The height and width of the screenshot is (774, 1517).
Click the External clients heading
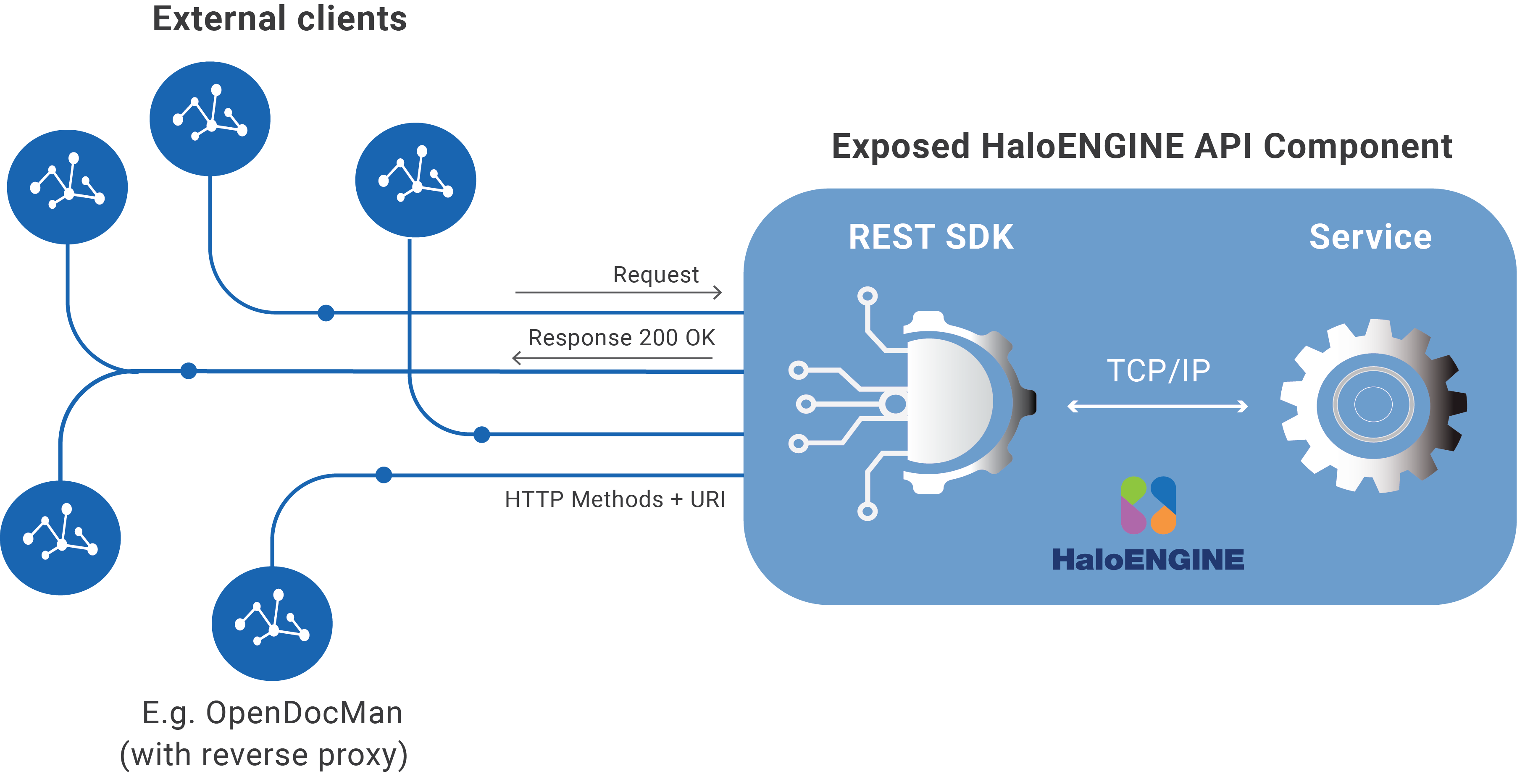pos(280,19)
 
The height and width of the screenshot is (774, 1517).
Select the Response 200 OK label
pos(621,338)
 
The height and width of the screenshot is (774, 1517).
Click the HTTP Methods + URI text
pos(615,499)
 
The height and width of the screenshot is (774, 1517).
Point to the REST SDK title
pos(931,237)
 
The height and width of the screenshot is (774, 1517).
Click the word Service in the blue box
pos(1370,237)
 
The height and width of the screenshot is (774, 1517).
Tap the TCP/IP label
pos(1158,371)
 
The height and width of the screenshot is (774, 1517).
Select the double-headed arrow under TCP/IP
pos(1157,406)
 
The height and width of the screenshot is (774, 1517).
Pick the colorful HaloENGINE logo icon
pos(1148,506)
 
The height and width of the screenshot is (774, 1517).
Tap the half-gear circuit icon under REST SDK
pos(919,403)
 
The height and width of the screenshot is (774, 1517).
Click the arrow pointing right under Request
pos(618,292)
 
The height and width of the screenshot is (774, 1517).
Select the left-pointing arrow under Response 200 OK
pos(613,357)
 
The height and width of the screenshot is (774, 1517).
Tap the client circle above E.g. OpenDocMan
pos(272,624)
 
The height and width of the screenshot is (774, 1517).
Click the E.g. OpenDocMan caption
pos(272,713)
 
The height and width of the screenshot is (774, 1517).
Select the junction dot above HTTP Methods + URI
pos(384,475)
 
